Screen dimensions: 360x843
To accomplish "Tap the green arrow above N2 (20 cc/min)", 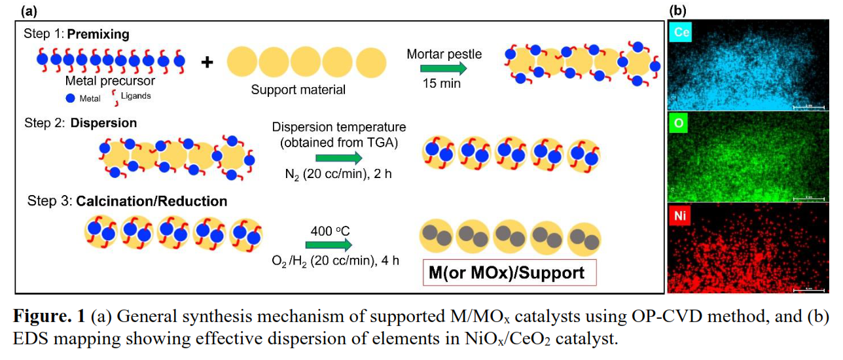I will [338, 157].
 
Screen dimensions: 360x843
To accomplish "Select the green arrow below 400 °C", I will [329, 244].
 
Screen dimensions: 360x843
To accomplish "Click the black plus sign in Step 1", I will [207, 62].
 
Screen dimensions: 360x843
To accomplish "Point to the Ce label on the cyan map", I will [681, 32].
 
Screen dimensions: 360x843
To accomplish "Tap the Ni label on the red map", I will [681, 215].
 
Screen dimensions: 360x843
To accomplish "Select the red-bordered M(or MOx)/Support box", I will [510, 272].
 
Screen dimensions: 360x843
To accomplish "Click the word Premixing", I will [98, 33].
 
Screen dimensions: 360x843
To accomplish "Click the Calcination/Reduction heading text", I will [152, 201].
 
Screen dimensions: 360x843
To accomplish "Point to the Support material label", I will [298, 89].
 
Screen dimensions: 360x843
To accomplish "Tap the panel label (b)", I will [677, 10].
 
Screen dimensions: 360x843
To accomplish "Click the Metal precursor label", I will [110, 81].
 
